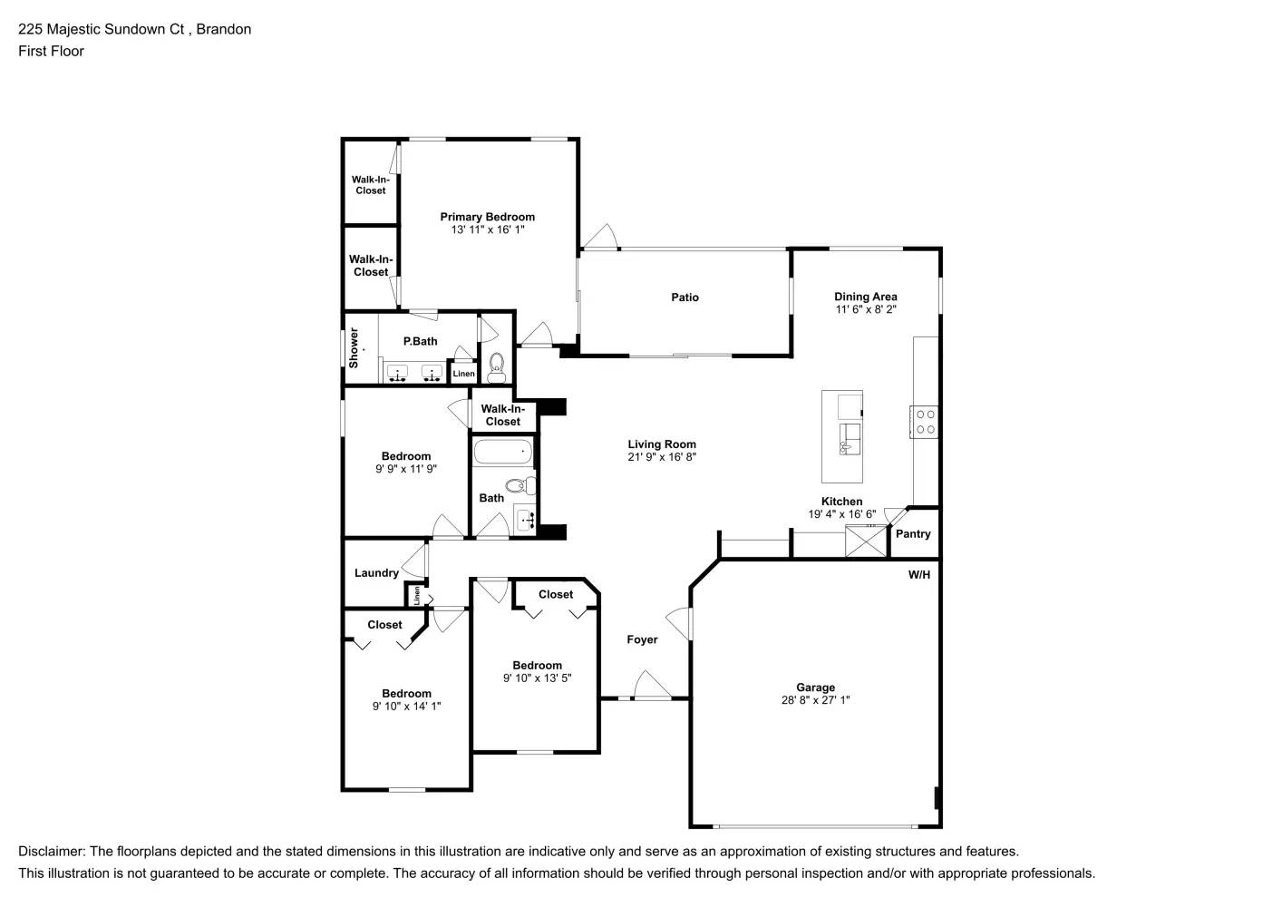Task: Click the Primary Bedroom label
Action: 487,217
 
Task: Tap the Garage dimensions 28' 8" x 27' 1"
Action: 815,700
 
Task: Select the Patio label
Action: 685,297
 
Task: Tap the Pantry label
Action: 913,534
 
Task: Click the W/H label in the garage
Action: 918,574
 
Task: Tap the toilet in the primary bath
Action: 496,366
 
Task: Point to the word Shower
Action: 354,348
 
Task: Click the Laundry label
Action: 376,573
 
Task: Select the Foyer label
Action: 642,639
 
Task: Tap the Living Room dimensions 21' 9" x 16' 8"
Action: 662,457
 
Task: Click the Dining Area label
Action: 865,297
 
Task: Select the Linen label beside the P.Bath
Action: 463,374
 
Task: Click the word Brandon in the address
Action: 224,29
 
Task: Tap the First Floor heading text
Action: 51,51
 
